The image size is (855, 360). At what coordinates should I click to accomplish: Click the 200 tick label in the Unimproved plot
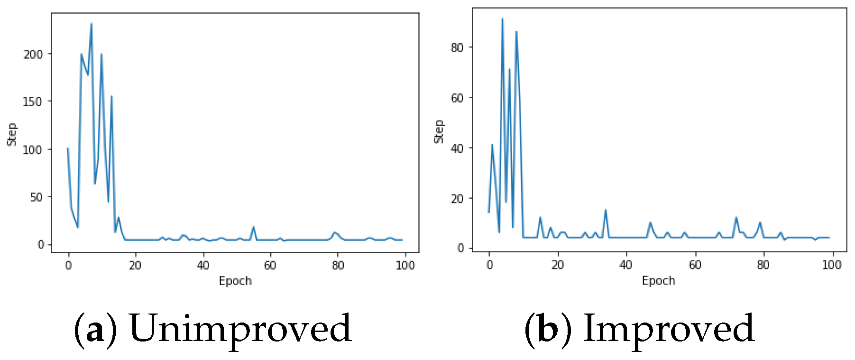pyautogui.click(x=33, y=55)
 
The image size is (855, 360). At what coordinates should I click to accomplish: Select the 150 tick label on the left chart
pyautogui.click(x=33, y=102)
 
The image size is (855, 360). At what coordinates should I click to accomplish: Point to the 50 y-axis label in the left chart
pyautogui.click(x=37, y=197)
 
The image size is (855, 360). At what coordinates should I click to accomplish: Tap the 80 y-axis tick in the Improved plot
pyautogui.click(x=457, y=48)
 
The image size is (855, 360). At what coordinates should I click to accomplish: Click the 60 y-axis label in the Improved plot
pyautogui.click(x=457, y=98)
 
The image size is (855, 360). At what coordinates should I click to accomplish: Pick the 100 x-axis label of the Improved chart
pyautogui.click(x=831, y=265)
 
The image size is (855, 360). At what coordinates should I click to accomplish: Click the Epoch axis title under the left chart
pyautogui.click(x=235, y=281)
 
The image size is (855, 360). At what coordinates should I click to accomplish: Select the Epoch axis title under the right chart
pyautogui.click(x=658, y=281)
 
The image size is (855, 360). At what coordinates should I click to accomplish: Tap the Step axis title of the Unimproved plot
pyautogui.click(x=12, y=134)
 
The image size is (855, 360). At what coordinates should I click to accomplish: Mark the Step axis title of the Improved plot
pyautogui.click(x=439, y=131)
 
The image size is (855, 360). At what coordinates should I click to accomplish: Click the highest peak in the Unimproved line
pyautogui.click(x=92, y=24)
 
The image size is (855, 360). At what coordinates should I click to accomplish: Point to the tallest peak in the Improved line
pyautogui.click(x=503, y=19)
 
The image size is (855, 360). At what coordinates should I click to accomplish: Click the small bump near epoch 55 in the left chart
pyautogui.click(x=253, y=227)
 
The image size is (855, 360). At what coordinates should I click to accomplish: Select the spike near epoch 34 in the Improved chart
pyautogui.click(x=606, y=210)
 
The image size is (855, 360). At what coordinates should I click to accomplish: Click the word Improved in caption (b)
pyautogui.click(x=669, y=328)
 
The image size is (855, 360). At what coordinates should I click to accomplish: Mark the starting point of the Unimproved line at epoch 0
pyautogui.click(x=68, y=148)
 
